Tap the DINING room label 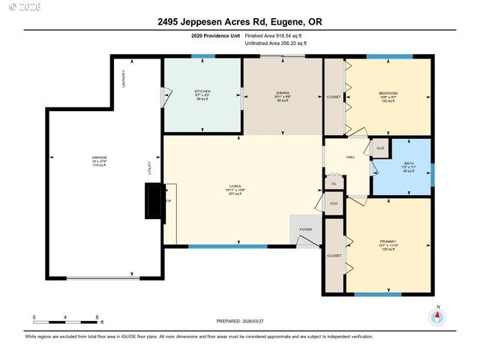[x=282, y=93]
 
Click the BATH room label [x=409, y=163]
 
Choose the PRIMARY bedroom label [x=388, y=241]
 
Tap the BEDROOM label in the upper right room [x=388, y=93]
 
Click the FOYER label [x=305, y=230]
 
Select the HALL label [x=350, y=157]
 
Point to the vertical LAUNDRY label [x=124, y=78]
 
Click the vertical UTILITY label [x=150, y=168]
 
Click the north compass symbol [x=436, y=316]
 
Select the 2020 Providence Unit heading [x=216, y=35]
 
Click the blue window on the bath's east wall [x=433, y=172]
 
